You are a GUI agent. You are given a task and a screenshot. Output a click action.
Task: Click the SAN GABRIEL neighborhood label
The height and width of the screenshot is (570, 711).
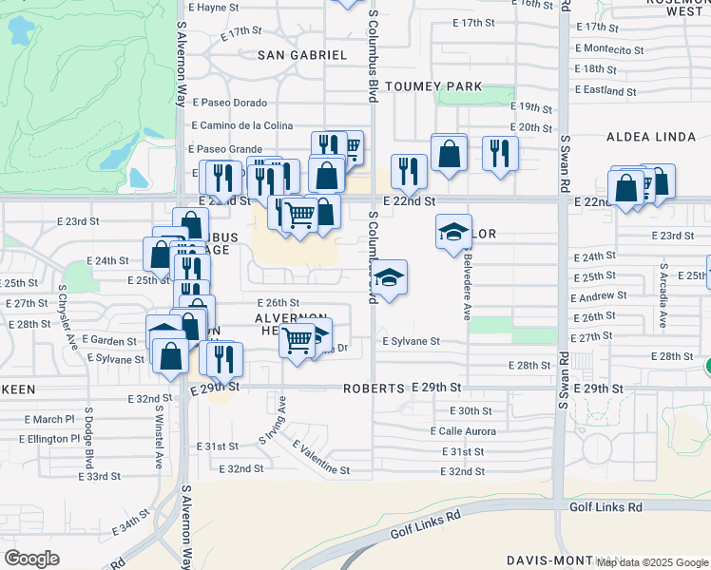pos(302,55)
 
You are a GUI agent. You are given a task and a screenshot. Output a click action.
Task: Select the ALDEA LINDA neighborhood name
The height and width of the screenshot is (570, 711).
pos(651,137)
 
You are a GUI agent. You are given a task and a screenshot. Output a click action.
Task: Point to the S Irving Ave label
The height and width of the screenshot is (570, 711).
pos(272,428)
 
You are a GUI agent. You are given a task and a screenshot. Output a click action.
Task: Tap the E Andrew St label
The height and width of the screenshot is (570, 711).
pos(599,296)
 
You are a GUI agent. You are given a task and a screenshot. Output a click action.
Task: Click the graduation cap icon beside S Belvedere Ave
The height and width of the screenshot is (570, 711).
pos(454,231)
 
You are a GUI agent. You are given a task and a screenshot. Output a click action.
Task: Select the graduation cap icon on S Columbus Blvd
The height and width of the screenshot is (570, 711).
pos(389,276)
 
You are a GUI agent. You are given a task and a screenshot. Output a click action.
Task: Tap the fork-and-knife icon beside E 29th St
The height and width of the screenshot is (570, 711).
pos(225,357)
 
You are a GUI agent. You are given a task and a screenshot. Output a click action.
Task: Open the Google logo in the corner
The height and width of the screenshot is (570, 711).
pos(31,559)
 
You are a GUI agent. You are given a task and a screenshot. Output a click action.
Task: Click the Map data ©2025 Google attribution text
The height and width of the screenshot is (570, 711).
pos(652,562)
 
